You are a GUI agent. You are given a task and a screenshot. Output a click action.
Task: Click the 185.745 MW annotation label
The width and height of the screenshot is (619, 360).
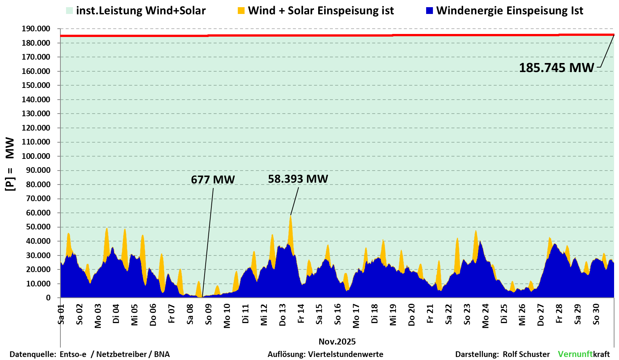click(x=556, y=68)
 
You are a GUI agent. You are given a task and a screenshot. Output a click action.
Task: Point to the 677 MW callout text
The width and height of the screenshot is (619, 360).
click(x=213, y=180)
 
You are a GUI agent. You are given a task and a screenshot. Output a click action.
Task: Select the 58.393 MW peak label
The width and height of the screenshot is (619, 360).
click(x=298, y=179)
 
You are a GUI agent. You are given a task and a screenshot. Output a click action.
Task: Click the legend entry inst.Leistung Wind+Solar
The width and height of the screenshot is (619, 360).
click(x=140, y=11)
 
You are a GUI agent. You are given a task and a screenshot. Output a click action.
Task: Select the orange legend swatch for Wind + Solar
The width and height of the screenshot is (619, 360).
click(x=241, y=11)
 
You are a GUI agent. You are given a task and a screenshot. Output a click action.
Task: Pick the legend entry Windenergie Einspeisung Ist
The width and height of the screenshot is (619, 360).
click(x=510, y=11)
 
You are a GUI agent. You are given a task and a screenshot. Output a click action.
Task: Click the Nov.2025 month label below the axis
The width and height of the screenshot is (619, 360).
click(x=337, y=342)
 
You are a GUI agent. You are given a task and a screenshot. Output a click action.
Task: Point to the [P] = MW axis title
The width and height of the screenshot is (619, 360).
click(x=10, y=164)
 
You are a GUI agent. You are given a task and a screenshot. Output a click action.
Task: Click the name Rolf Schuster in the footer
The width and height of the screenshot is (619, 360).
click(x=526, y=354)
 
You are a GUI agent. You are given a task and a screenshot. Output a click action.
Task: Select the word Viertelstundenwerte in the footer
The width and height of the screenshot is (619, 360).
click(x=346, y=354)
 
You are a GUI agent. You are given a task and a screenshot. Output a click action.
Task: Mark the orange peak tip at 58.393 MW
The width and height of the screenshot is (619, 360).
click(x=290, y=215)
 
